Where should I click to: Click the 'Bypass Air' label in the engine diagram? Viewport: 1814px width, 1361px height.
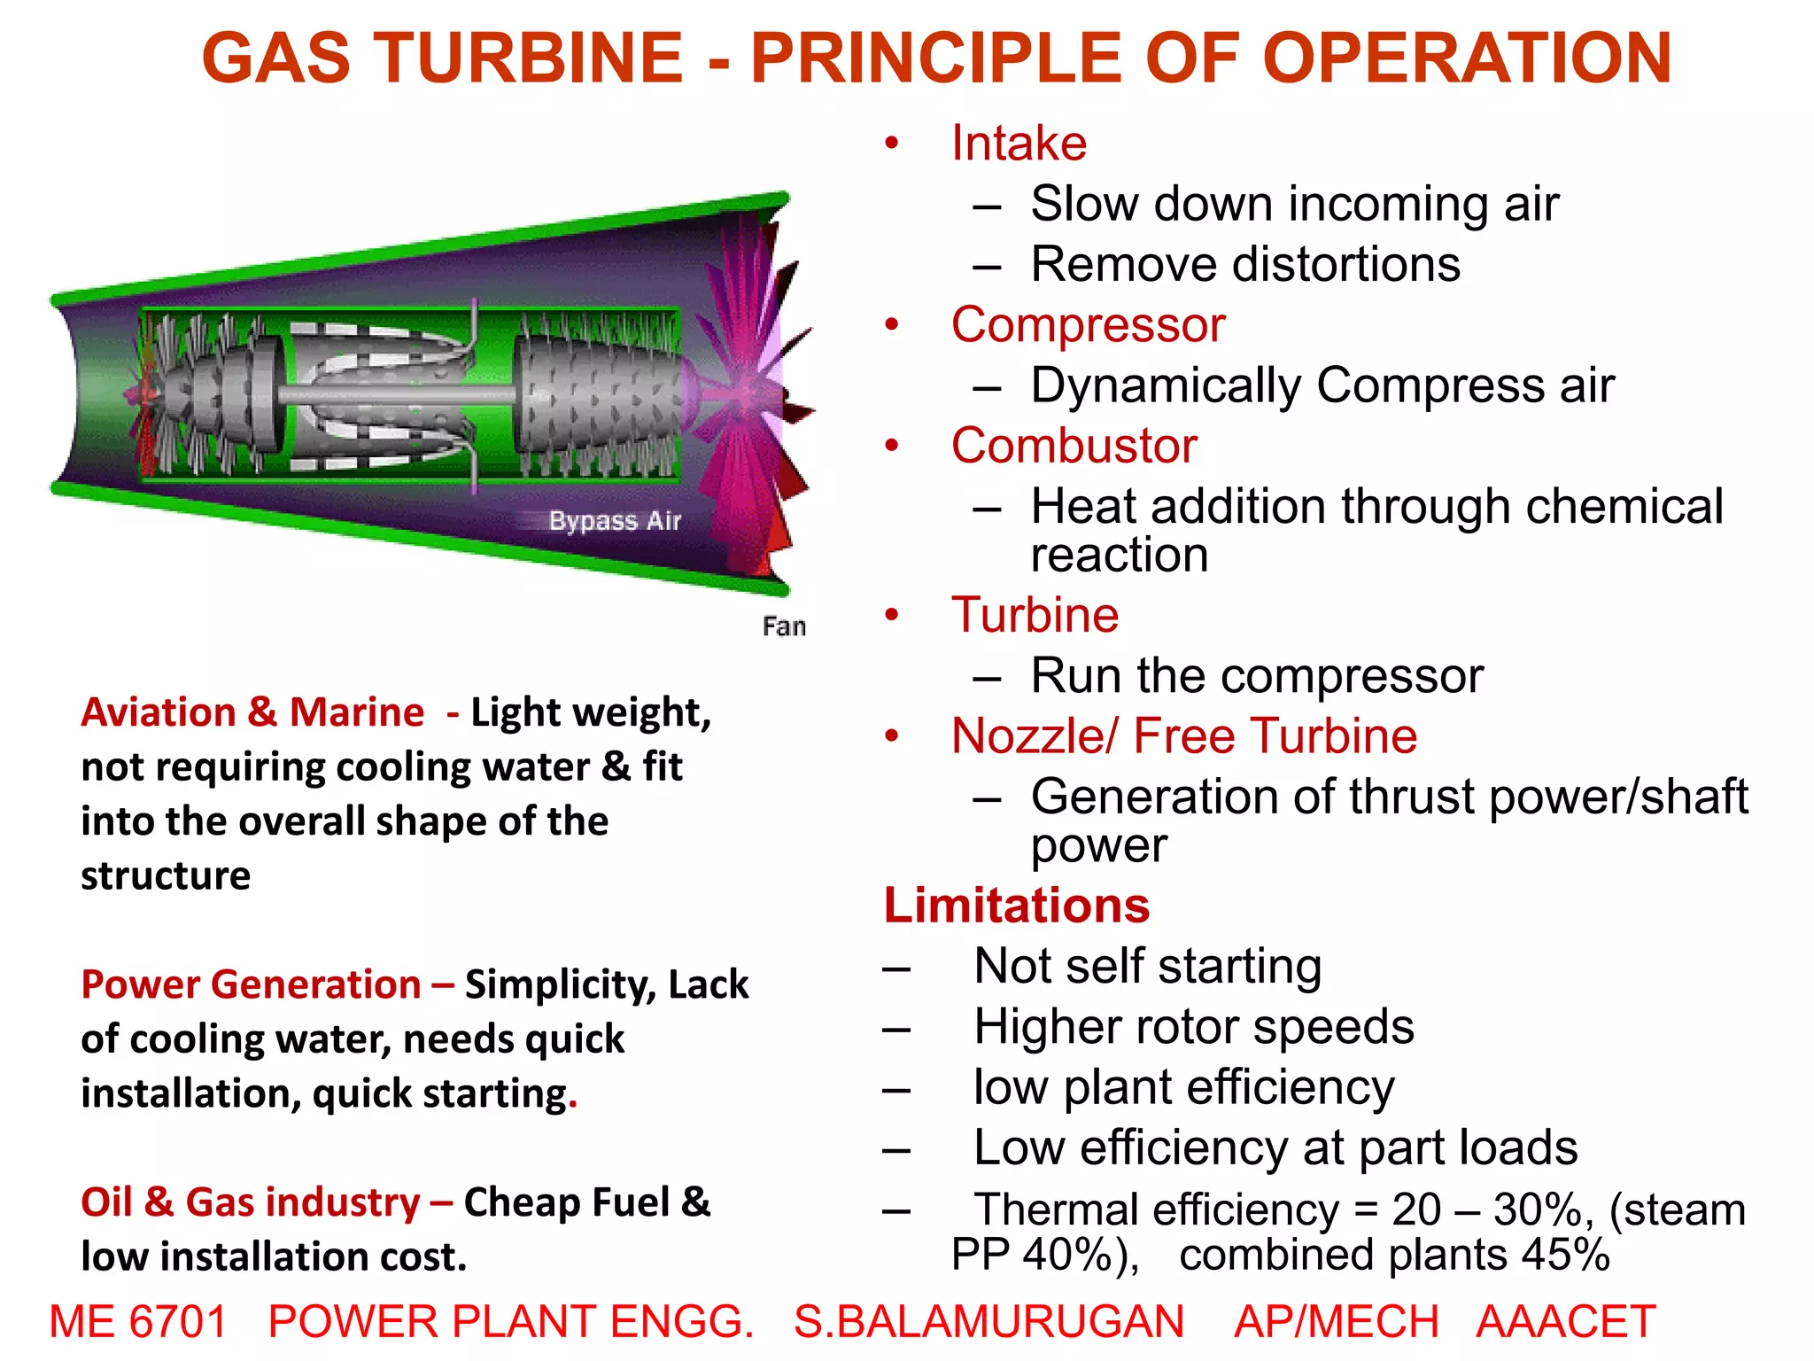tap(615, 520)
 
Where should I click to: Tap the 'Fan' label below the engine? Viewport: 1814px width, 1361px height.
tap(784, 626)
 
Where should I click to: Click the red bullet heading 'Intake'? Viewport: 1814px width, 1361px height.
tap(1019, 144)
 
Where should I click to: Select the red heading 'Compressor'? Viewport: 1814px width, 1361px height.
tap(1088, 325)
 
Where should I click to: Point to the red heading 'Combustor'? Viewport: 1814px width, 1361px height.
tap(1074, 446)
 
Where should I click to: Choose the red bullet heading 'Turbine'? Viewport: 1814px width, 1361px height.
tap(1035, 615)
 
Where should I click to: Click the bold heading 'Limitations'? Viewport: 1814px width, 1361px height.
tap(1017, 906)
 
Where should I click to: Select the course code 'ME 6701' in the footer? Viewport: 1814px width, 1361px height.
tap(138, 1321)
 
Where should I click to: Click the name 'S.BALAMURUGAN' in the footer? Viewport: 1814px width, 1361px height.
tap(988, 1321)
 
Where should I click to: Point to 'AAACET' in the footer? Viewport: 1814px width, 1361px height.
tap(1566, 1321)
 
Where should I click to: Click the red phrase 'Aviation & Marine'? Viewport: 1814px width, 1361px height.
tap(252, 712)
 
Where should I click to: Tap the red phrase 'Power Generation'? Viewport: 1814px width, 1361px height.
tap(251, 984)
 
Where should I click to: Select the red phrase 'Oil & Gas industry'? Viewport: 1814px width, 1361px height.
tap(251, 1202)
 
